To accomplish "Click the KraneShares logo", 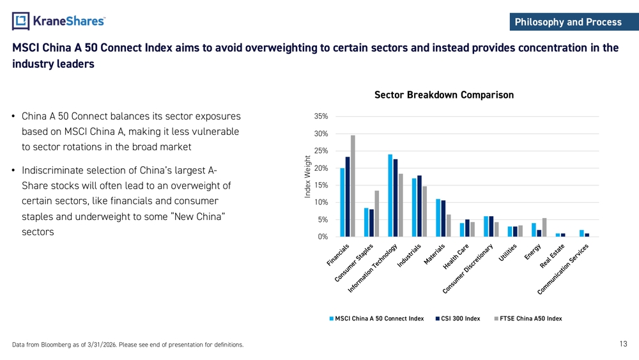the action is point(59,21).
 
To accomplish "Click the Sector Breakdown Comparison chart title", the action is point(444,95).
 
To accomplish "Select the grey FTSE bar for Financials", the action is point(353,186).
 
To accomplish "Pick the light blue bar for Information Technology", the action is point(390,195).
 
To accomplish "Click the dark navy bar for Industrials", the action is point(419,206).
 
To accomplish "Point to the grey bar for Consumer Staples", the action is point(377,214).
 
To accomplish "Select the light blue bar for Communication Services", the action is point(581,233).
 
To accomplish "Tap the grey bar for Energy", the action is point(544,228).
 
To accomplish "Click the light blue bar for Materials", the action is point(438,217).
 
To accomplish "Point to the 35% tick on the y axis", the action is point(321,116).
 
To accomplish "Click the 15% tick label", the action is point(321,185).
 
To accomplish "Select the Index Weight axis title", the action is point(308,177).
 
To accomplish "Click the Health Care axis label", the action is point(456,256).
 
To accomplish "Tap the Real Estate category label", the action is point(552,256).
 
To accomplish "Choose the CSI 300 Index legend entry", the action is point(458,318).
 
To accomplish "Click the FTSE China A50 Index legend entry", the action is point(528,318).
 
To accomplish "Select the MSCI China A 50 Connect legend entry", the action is point(376,318).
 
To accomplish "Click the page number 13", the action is point(623,343).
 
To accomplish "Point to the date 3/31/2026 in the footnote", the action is point(102,345).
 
